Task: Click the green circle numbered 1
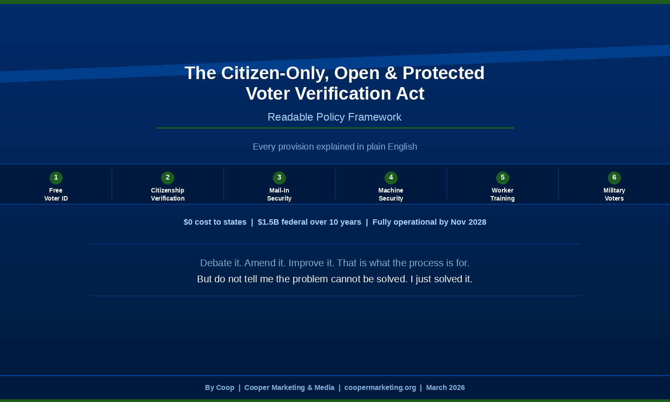tap(56, 178)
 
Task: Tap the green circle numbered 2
tap(167, 178)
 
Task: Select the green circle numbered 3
tap(279, 178)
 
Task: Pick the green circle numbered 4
tap(391, 178)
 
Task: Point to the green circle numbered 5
tap(502, 178)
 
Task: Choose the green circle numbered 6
tap(614, 178)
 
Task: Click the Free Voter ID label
tap(56, 194)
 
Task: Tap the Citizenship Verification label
tap(167, 194)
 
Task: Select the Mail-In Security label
tap(279, 194)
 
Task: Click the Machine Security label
tap(391, 194)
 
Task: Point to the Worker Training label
tap(502, 194)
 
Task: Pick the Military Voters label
tap(614, 194)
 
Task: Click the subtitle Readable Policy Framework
tap(335, 117)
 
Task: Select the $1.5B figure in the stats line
tap(268, 222)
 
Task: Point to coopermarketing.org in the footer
tap(380, 388)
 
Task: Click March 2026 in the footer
tap(445, 388)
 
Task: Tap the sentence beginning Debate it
tap(335, 263)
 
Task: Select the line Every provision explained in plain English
tap(335, 147)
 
